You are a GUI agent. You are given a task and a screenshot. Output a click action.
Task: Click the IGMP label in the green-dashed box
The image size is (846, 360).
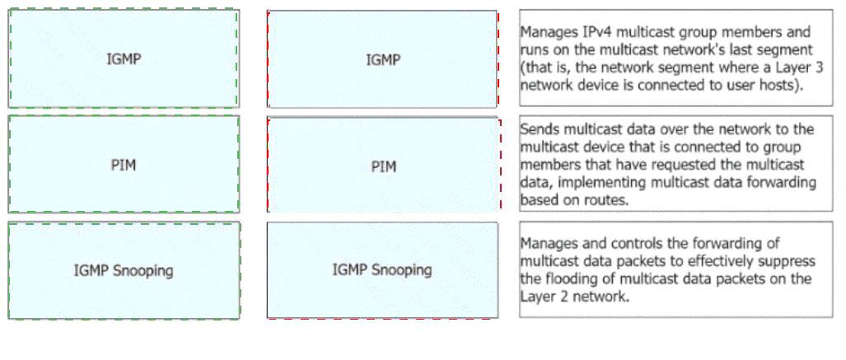pos(124,59)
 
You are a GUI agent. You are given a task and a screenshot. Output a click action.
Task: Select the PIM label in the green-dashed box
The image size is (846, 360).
pos(124,165)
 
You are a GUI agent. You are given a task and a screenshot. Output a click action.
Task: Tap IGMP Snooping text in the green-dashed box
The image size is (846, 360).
pos(124,270)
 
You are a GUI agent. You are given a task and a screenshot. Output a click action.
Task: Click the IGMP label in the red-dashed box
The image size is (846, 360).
pos(383,59)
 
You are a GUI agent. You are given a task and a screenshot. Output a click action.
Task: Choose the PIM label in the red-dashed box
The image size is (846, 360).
pos(383,166)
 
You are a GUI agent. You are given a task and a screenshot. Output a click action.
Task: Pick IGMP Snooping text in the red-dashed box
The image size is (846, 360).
pos(382,270)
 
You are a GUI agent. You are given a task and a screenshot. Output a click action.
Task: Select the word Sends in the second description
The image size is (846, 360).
pos(538,129)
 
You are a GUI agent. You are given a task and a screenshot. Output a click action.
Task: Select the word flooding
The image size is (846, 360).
pos(565,279)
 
